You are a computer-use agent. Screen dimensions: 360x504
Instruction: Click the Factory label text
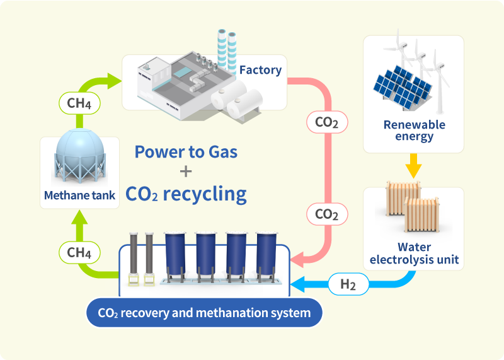(x=260, y=69)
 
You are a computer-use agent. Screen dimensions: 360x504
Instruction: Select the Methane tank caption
(x=79, y=195)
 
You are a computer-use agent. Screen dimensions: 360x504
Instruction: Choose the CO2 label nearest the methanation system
(x=326, y=214)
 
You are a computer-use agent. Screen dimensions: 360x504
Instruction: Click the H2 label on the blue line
(x=348, y=284)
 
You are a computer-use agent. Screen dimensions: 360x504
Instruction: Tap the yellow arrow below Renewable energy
(x=413, y=167)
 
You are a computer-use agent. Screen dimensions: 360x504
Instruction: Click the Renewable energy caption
(x=414, y=131)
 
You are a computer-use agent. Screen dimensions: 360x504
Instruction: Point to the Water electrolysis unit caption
(x=414, y=253)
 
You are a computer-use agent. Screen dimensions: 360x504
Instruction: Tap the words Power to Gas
(x=186, y=152)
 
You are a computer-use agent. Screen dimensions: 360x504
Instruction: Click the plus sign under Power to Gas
(x=186, y=171)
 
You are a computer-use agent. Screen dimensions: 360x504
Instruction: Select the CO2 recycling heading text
(x=186, y=194)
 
